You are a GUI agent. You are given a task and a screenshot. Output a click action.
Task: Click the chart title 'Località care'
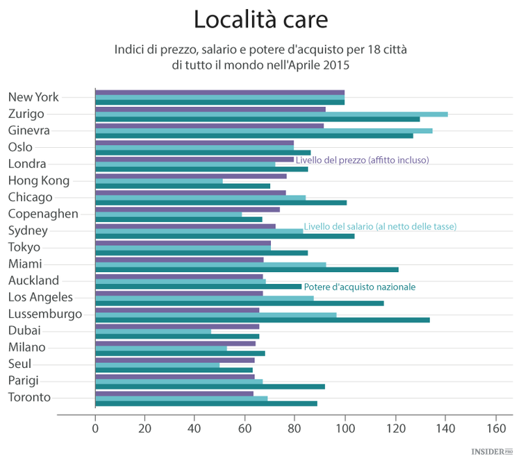coord(260,19)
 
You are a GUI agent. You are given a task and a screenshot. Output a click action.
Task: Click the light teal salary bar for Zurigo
coord(271,114)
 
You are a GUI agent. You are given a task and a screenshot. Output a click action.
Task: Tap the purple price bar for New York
coord(220,92)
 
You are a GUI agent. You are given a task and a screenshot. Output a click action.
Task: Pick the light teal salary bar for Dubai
coord(153,331)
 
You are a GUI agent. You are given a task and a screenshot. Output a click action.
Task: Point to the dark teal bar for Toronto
coord(206,403)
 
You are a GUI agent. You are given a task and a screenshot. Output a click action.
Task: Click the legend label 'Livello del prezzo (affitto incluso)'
coord(362,160)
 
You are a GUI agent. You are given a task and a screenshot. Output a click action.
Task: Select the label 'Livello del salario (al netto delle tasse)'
coord(380,226)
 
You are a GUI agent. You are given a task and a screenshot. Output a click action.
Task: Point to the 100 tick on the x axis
coord(345,428)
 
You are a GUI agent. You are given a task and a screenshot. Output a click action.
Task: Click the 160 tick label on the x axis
coord(495,428)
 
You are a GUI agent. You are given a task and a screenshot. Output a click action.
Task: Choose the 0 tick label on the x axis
coord(95,428)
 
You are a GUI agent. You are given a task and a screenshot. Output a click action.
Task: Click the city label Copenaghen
coord(43,214)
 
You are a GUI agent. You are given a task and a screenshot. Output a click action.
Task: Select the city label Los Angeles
coord(40,297)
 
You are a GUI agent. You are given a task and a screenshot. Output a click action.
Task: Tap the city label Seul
coord(19,364)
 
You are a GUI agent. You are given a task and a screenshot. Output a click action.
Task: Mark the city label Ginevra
coord(30,131)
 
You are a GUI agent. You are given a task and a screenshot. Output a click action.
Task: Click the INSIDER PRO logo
coord(494,452)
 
